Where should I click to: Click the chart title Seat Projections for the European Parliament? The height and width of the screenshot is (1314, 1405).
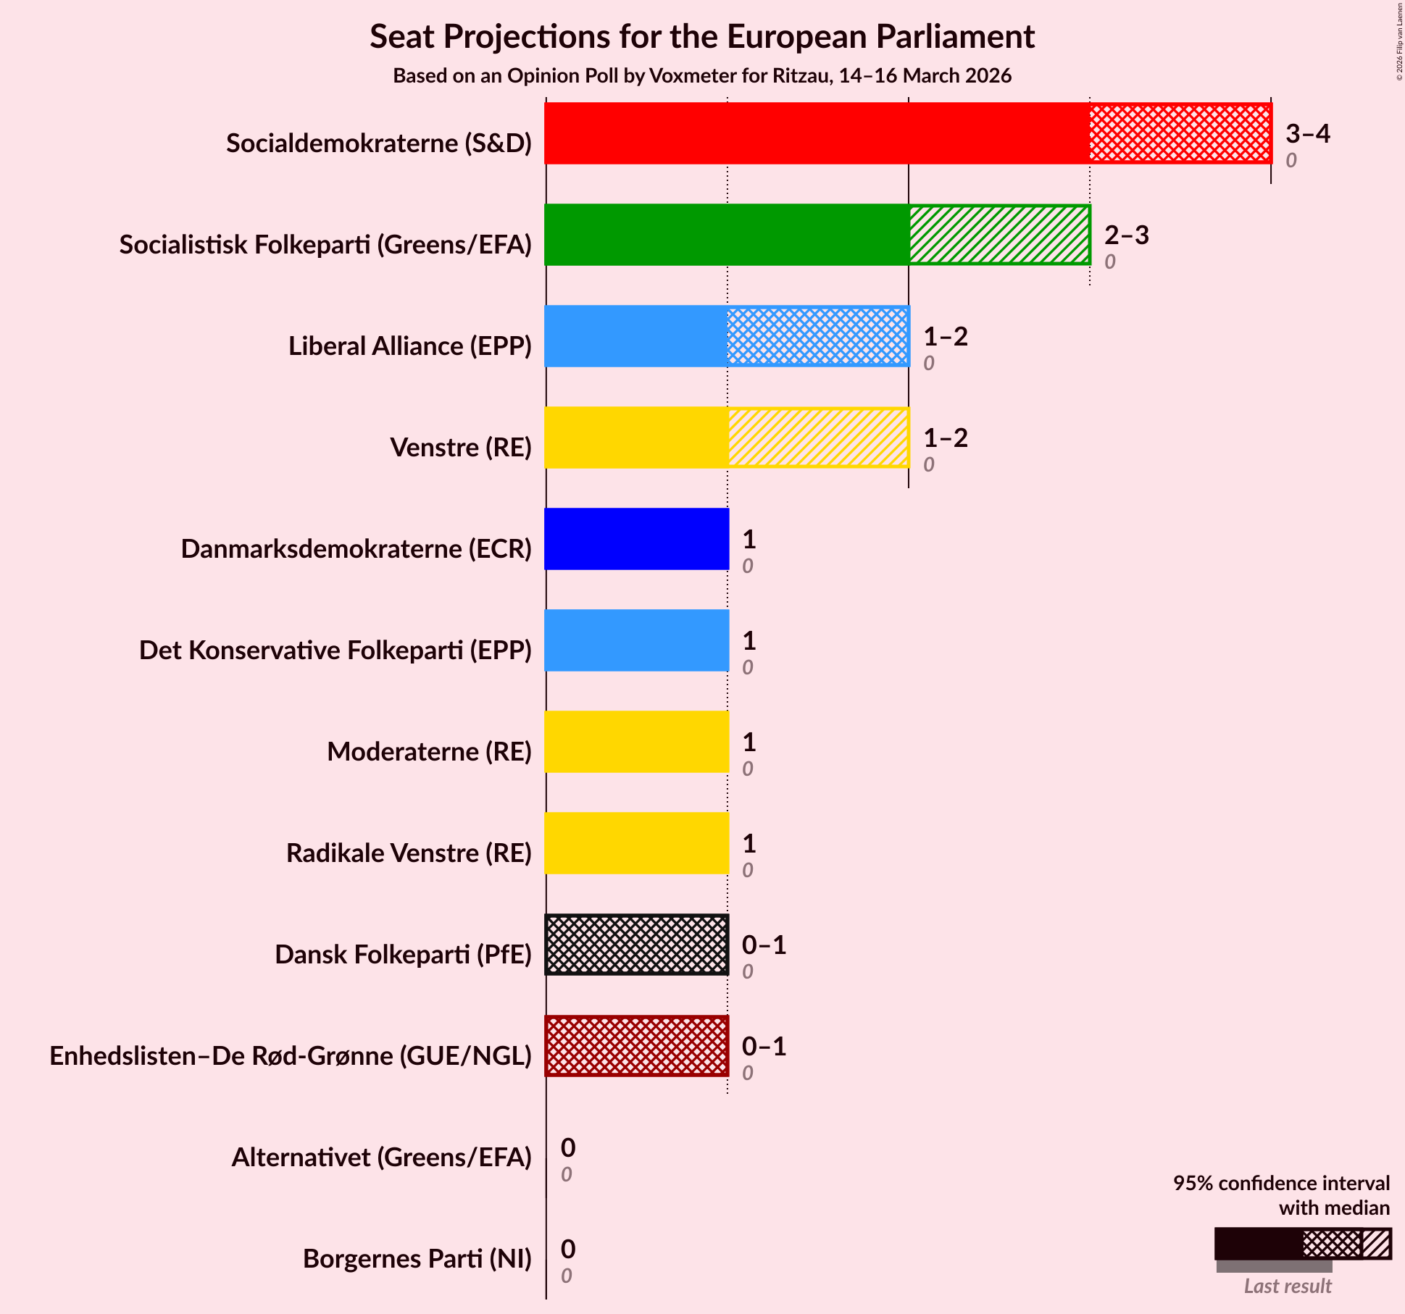click(x=701, y=37)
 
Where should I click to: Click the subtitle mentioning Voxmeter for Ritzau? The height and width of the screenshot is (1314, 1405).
click(x=701, y=76)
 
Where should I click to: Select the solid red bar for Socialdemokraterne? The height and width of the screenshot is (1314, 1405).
click(x=817, y=133)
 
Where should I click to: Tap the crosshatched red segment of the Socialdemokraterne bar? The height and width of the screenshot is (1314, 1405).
click(x=1180, y=133)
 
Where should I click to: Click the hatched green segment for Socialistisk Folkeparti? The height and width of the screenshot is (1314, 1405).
click(x=999, y=235)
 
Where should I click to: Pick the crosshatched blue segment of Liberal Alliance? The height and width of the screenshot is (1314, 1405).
click(x=817, y=336)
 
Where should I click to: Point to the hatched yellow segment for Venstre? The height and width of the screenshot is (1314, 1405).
click(x=818, y=438)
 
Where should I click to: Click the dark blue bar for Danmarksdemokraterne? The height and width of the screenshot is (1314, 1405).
click(x=636, y=539)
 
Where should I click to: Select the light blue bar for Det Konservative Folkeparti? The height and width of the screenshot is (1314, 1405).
click(x=636, y=640)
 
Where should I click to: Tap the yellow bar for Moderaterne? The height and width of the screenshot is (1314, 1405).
click(x=636, y=742)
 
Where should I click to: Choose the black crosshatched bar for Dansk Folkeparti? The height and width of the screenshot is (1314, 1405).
click(x=636, y=945)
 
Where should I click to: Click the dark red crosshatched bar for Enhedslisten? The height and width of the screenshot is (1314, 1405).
click(x=636, y=1046)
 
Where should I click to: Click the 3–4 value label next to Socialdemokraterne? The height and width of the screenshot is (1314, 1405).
click(x=1307, y=134)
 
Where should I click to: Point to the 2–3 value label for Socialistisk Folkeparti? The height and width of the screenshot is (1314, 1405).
click(x=1126, y=235)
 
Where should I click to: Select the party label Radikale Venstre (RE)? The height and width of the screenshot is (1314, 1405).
click(x=409, y=853)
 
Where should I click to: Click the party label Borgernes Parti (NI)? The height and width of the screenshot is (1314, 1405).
click(x=417, y=1259)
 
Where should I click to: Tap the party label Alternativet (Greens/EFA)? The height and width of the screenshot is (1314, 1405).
click(x=381, y=1158)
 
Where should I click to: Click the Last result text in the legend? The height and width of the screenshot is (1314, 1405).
click(x=1287, y=1286)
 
